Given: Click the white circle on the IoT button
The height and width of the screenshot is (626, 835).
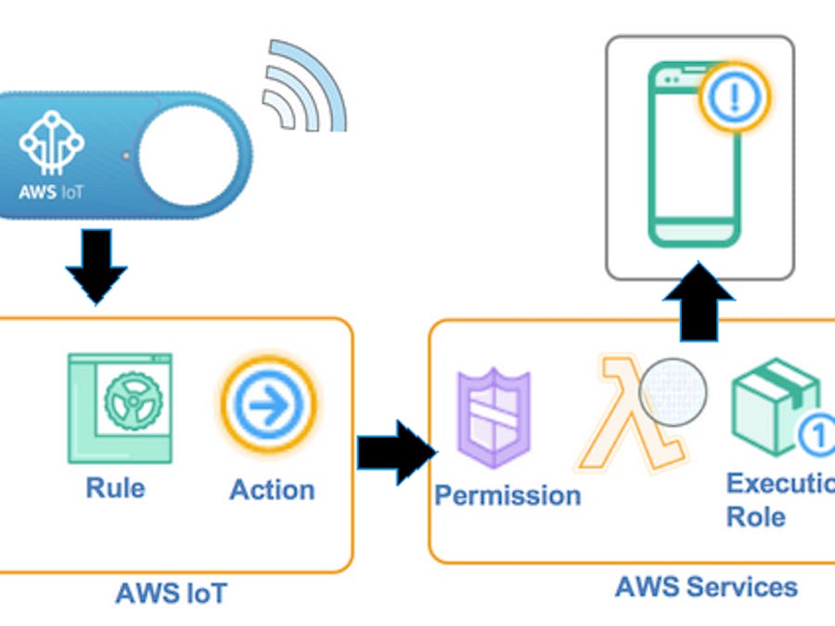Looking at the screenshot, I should [188, 153].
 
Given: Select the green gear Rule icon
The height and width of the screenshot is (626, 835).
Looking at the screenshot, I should [120, 407].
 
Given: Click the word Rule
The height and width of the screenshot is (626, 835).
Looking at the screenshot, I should [115, 487].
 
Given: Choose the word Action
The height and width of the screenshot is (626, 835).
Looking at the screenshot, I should [272, 490].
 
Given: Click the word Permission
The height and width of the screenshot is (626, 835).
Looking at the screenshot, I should [507, 495].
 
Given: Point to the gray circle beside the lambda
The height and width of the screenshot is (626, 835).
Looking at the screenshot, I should [674, 392].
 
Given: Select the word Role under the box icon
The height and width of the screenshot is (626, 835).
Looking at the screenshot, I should [755, 517].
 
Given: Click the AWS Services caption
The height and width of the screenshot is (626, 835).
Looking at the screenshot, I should [706, 587].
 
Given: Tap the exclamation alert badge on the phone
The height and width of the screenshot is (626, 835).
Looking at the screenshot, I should [734, 94].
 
